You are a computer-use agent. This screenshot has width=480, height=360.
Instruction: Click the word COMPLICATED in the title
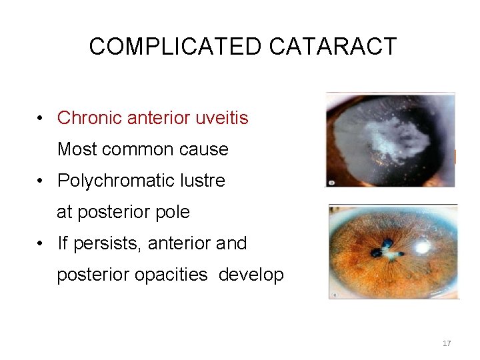[x=176, y=47]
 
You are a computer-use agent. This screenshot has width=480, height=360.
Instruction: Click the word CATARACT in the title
[x=333, y=47]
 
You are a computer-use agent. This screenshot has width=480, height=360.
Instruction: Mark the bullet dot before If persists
[x=42, y=244]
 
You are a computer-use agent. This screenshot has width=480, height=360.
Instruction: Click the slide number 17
[x=446, y=343]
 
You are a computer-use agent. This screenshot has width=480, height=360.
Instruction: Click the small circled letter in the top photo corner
[x=331, y=182]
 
